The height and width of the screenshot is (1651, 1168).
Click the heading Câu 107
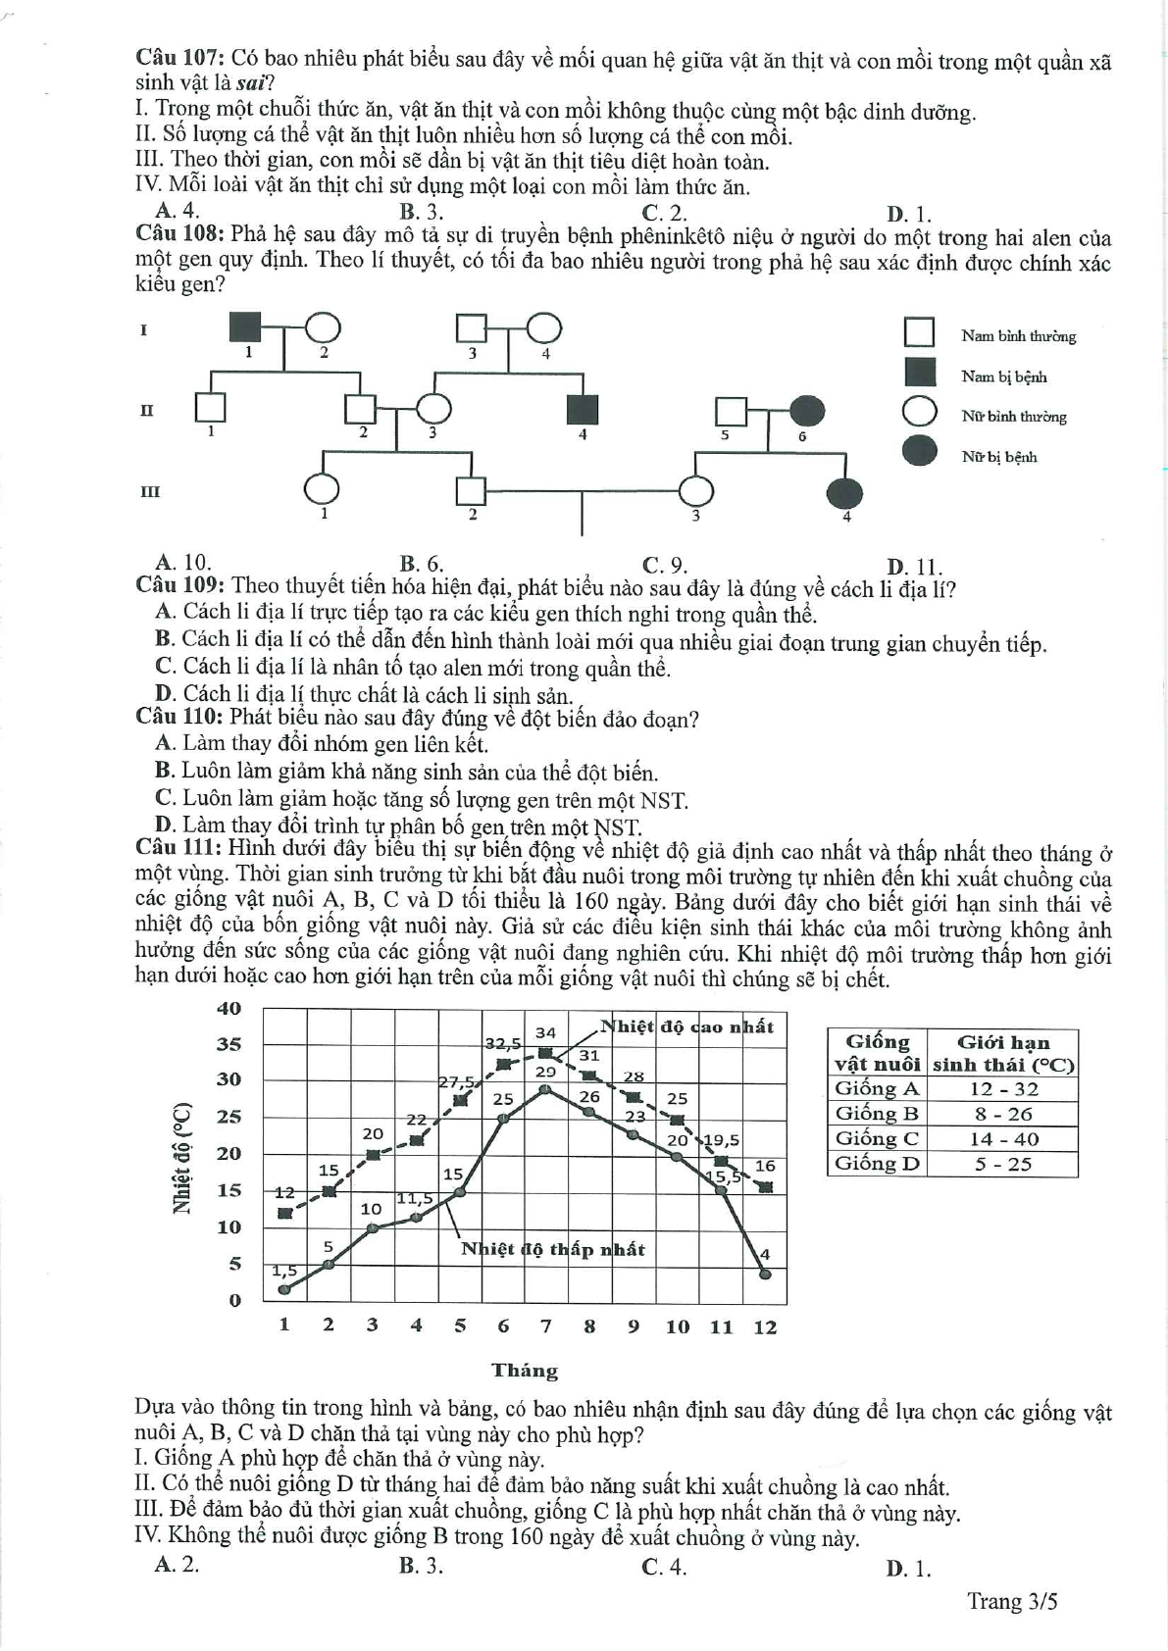point(180,60)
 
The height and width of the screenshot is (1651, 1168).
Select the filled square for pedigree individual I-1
point(245,328)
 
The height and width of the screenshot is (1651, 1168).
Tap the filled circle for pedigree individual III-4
point(845,491)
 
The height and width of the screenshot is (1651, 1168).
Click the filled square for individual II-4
point(583,409)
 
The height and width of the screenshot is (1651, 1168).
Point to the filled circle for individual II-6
point(807,411)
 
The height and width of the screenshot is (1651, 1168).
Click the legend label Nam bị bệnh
point(1003,376)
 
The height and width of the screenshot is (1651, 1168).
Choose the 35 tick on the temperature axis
point(229,1044)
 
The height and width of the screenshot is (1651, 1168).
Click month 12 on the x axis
point(765,1326)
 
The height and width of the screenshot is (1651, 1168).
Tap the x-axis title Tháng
point(525,1371)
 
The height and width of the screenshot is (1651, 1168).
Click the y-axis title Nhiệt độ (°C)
point(181,1157)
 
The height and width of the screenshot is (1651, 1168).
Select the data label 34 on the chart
point(545,1032)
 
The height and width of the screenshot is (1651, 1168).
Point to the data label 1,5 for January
point(284,1271)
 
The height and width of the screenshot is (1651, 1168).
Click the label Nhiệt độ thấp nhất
point(553,1249)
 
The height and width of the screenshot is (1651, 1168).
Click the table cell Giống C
point(876,1138)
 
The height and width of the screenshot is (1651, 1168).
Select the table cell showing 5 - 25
point(1003,1164)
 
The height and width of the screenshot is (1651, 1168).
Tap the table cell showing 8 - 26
point(1003,1114)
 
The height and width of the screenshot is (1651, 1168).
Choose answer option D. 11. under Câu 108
point(914,566)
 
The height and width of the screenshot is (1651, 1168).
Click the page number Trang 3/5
point(1012,1601)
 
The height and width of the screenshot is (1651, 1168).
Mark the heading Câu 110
point(180,718)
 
